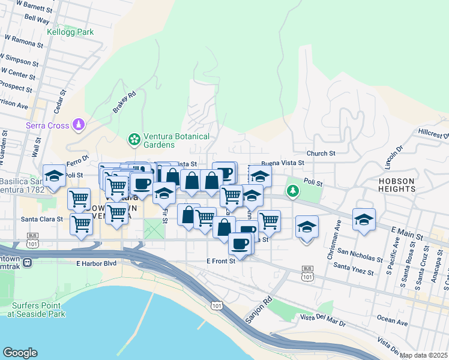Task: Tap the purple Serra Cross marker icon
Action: pos(77,125)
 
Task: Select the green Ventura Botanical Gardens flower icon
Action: pos(134,140)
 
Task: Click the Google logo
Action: pos(20,353)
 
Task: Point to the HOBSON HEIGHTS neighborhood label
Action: pos(396,184)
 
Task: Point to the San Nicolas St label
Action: pos(359,256)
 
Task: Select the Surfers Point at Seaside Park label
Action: pos(38,309)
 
